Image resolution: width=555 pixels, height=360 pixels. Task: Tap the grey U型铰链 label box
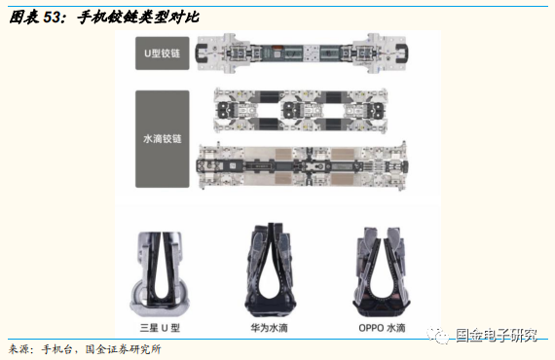click(x=162, y=54)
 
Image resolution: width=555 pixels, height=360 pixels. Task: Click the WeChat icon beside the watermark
click(x=443, y=336)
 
